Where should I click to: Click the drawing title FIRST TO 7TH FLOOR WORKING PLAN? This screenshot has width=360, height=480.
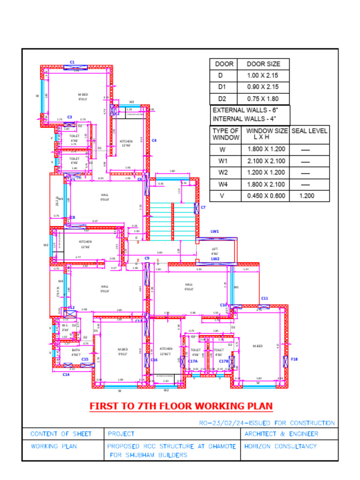[x=181, y=406]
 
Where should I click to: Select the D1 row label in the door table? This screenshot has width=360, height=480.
[x=222, y=87]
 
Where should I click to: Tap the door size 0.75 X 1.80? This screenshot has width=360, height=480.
[x=262, y=99]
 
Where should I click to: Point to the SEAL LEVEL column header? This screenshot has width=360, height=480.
[x=309, y=131]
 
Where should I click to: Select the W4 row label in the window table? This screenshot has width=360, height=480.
[x=223, y=184]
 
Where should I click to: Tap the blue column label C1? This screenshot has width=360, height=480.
[x=72, y=62]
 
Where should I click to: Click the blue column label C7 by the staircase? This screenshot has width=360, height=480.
[x=203, y=207]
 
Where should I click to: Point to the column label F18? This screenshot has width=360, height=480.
[x=294, y=359]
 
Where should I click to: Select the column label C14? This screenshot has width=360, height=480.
[x=66, y=375]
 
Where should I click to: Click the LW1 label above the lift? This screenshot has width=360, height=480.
[x=215, y=232]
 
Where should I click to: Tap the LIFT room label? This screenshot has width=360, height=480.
[x=215, y=249]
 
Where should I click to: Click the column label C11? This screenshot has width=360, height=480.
[x=264, y=298]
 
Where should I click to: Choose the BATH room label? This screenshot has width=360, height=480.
[x=75, y=350]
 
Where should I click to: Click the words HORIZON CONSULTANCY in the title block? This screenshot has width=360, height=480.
[x=280, y=446]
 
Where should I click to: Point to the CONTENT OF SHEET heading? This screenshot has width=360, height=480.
[x=61, y=434]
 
